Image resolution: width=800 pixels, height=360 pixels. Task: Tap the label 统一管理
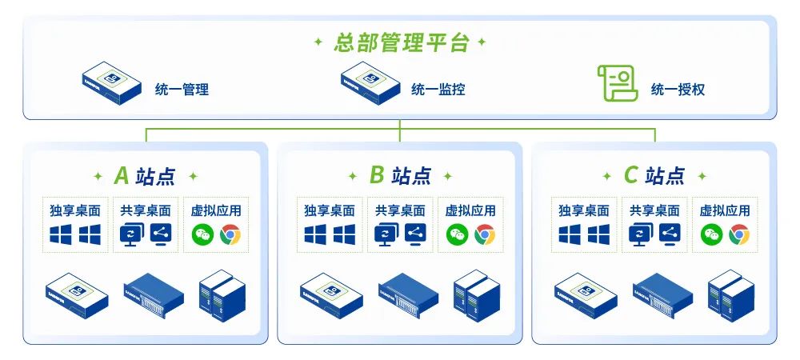(182, 90)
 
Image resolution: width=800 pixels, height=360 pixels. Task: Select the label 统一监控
(438, 90)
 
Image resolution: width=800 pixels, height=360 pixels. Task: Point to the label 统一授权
(678, 90)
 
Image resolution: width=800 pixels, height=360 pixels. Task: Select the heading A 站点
(145, 175)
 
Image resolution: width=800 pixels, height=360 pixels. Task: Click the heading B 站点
(399, 175)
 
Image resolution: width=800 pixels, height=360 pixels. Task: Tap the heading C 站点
(654, 175)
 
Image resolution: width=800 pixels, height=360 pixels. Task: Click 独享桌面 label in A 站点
(74, 211)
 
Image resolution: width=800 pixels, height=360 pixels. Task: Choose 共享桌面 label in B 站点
(400, 211)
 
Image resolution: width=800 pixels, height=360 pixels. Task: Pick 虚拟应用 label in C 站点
(725, 211)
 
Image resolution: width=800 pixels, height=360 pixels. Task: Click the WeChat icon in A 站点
(202, 234)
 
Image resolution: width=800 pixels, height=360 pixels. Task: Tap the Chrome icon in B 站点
(485, 234)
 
